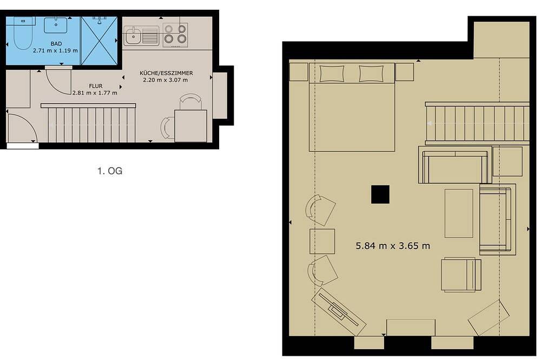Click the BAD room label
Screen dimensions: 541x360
pos(56,44)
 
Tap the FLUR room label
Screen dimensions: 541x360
pos(96,86)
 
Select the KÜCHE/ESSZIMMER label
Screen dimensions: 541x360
pos(166,73)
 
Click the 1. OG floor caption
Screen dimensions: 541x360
pos(110,171)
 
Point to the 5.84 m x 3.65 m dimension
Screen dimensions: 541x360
pos(393,246)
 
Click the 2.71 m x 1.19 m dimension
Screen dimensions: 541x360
pos(55,51)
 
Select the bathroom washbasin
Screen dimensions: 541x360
pos(56,25)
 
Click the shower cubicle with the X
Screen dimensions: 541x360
pos(100,41)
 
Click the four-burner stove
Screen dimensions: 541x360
pos(175,35)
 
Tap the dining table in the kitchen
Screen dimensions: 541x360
pos(191,126)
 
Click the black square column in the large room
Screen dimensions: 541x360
pos(380,195)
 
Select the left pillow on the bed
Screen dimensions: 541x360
pos(332,74)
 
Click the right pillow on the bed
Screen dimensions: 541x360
pos(371,74)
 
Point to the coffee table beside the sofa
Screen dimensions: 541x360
pos(459,213)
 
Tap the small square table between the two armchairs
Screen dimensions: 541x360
pos(322,242)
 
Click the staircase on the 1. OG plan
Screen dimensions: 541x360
pos(89,123)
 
